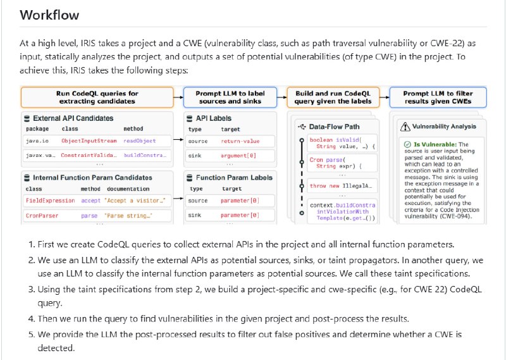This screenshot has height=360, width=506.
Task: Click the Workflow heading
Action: (x=49, y=15)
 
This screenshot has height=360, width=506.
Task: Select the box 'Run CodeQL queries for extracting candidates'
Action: (x=97, y=97)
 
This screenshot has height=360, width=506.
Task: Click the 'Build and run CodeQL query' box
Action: (x=333, y=97)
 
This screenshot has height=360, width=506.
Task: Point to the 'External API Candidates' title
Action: (x=73, y=118)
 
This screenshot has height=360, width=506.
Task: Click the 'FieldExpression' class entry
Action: (x=50, y=201)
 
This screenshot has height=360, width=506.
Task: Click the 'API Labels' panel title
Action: (x=215, y=118)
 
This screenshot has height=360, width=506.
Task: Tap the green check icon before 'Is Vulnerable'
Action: (x=408, y=145)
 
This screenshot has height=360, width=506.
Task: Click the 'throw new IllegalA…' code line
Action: (x=336, y=186)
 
